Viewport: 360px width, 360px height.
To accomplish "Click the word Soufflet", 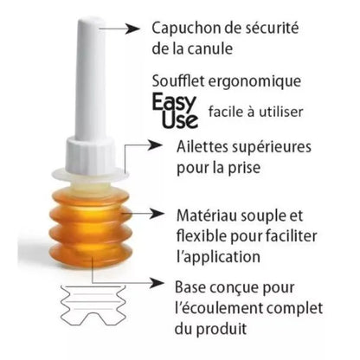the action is click(x=177, y=80).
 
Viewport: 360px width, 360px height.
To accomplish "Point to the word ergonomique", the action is click(x=254, y=82).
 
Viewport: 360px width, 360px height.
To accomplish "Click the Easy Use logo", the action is click(x=176, y=111).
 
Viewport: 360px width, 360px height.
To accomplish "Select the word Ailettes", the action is click(x=202, y=146).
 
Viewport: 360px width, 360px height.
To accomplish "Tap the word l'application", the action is click(x=218, y=257).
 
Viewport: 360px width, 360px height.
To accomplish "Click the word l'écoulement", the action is click(x=218, y=308).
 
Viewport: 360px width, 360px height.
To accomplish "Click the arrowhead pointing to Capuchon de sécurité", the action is click(x=133, y=29).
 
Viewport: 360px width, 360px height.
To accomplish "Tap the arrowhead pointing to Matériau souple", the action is click(x=158, y=214).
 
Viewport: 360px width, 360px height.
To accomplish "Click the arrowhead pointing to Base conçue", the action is click(x=157, y=283).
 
